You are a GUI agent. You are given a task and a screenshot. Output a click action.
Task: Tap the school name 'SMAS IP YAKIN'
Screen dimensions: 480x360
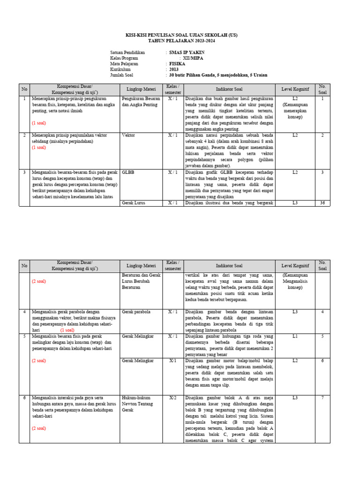point(187,52)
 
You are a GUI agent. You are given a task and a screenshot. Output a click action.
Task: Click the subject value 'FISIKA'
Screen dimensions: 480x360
point(177,63)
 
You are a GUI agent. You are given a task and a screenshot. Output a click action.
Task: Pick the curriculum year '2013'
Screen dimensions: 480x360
point(174,69)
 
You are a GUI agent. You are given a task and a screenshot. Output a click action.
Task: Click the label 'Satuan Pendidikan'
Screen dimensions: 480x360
point(127,52)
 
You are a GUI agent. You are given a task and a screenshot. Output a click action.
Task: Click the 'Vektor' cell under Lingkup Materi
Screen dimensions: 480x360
point(128,135)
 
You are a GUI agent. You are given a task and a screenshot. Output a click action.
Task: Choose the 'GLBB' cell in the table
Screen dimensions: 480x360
point(127,172)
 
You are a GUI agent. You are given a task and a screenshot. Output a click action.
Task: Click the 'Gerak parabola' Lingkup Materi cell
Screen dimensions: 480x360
point(136,312)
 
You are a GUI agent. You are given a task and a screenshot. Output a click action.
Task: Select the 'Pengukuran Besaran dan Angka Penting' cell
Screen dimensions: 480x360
point(141,102)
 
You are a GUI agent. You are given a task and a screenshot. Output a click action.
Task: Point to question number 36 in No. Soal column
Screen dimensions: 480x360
point(322,203)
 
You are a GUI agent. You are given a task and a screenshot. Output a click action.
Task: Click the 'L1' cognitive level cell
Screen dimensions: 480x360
point(295,336)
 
